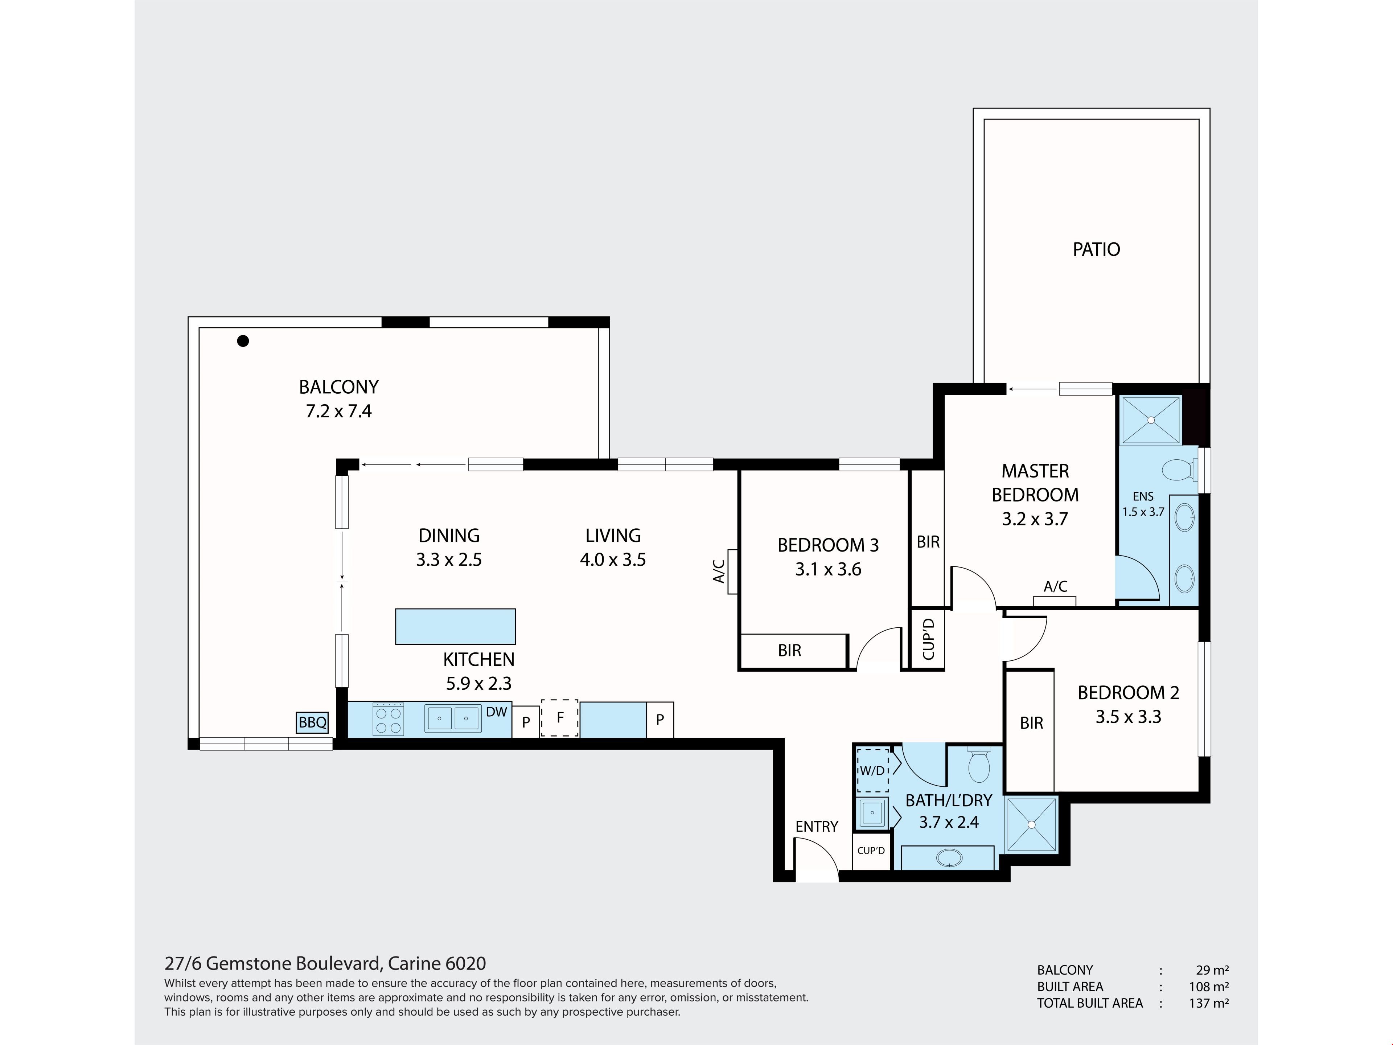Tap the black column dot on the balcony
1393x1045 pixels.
click(243, 341)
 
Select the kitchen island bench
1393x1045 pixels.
click(455, 626)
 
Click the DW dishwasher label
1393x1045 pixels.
click(497, 712)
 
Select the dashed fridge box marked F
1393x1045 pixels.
click(560, 718)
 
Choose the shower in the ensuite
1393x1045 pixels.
click(1151, 419)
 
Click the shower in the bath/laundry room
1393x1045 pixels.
click(1032, 824)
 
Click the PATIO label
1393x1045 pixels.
click(1096, 249)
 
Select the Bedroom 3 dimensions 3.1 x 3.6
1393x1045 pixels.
click(828, 569)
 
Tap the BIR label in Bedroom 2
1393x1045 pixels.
click(1032, 723)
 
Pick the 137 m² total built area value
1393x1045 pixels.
click(1208, 1003)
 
